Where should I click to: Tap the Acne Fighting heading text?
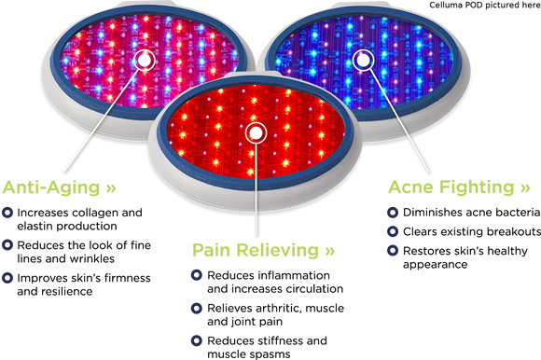click(x=451, y=187)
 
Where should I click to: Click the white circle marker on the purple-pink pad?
click(x=145, y=59)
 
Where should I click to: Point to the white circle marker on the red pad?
click(x=255, y=133)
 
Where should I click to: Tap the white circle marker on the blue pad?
click(x=363, y=60)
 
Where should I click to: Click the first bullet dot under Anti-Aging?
click(x=8, y=213)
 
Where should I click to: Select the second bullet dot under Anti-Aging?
click(x=8, y=244)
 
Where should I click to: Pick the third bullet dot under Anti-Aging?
click(x=8, y=277)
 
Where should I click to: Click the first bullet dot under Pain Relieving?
click(x=196, y=275)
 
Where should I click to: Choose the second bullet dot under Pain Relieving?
click(x=196, y=308)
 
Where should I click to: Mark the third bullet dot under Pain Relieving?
click(x=196, y=340)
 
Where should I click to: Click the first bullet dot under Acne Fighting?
click(x=393, y=212)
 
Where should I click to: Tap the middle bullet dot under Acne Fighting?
click(x=393, y=230)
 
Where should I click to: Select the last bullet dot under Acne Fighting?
click(x=393, y=250)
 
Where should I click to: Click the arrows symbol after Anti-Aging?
click(x=111, y=188)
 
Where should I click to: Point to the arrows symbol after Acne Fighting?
click(x=524, y=188)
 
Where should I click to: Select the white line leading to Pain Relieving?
click(x=255, y=191)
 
